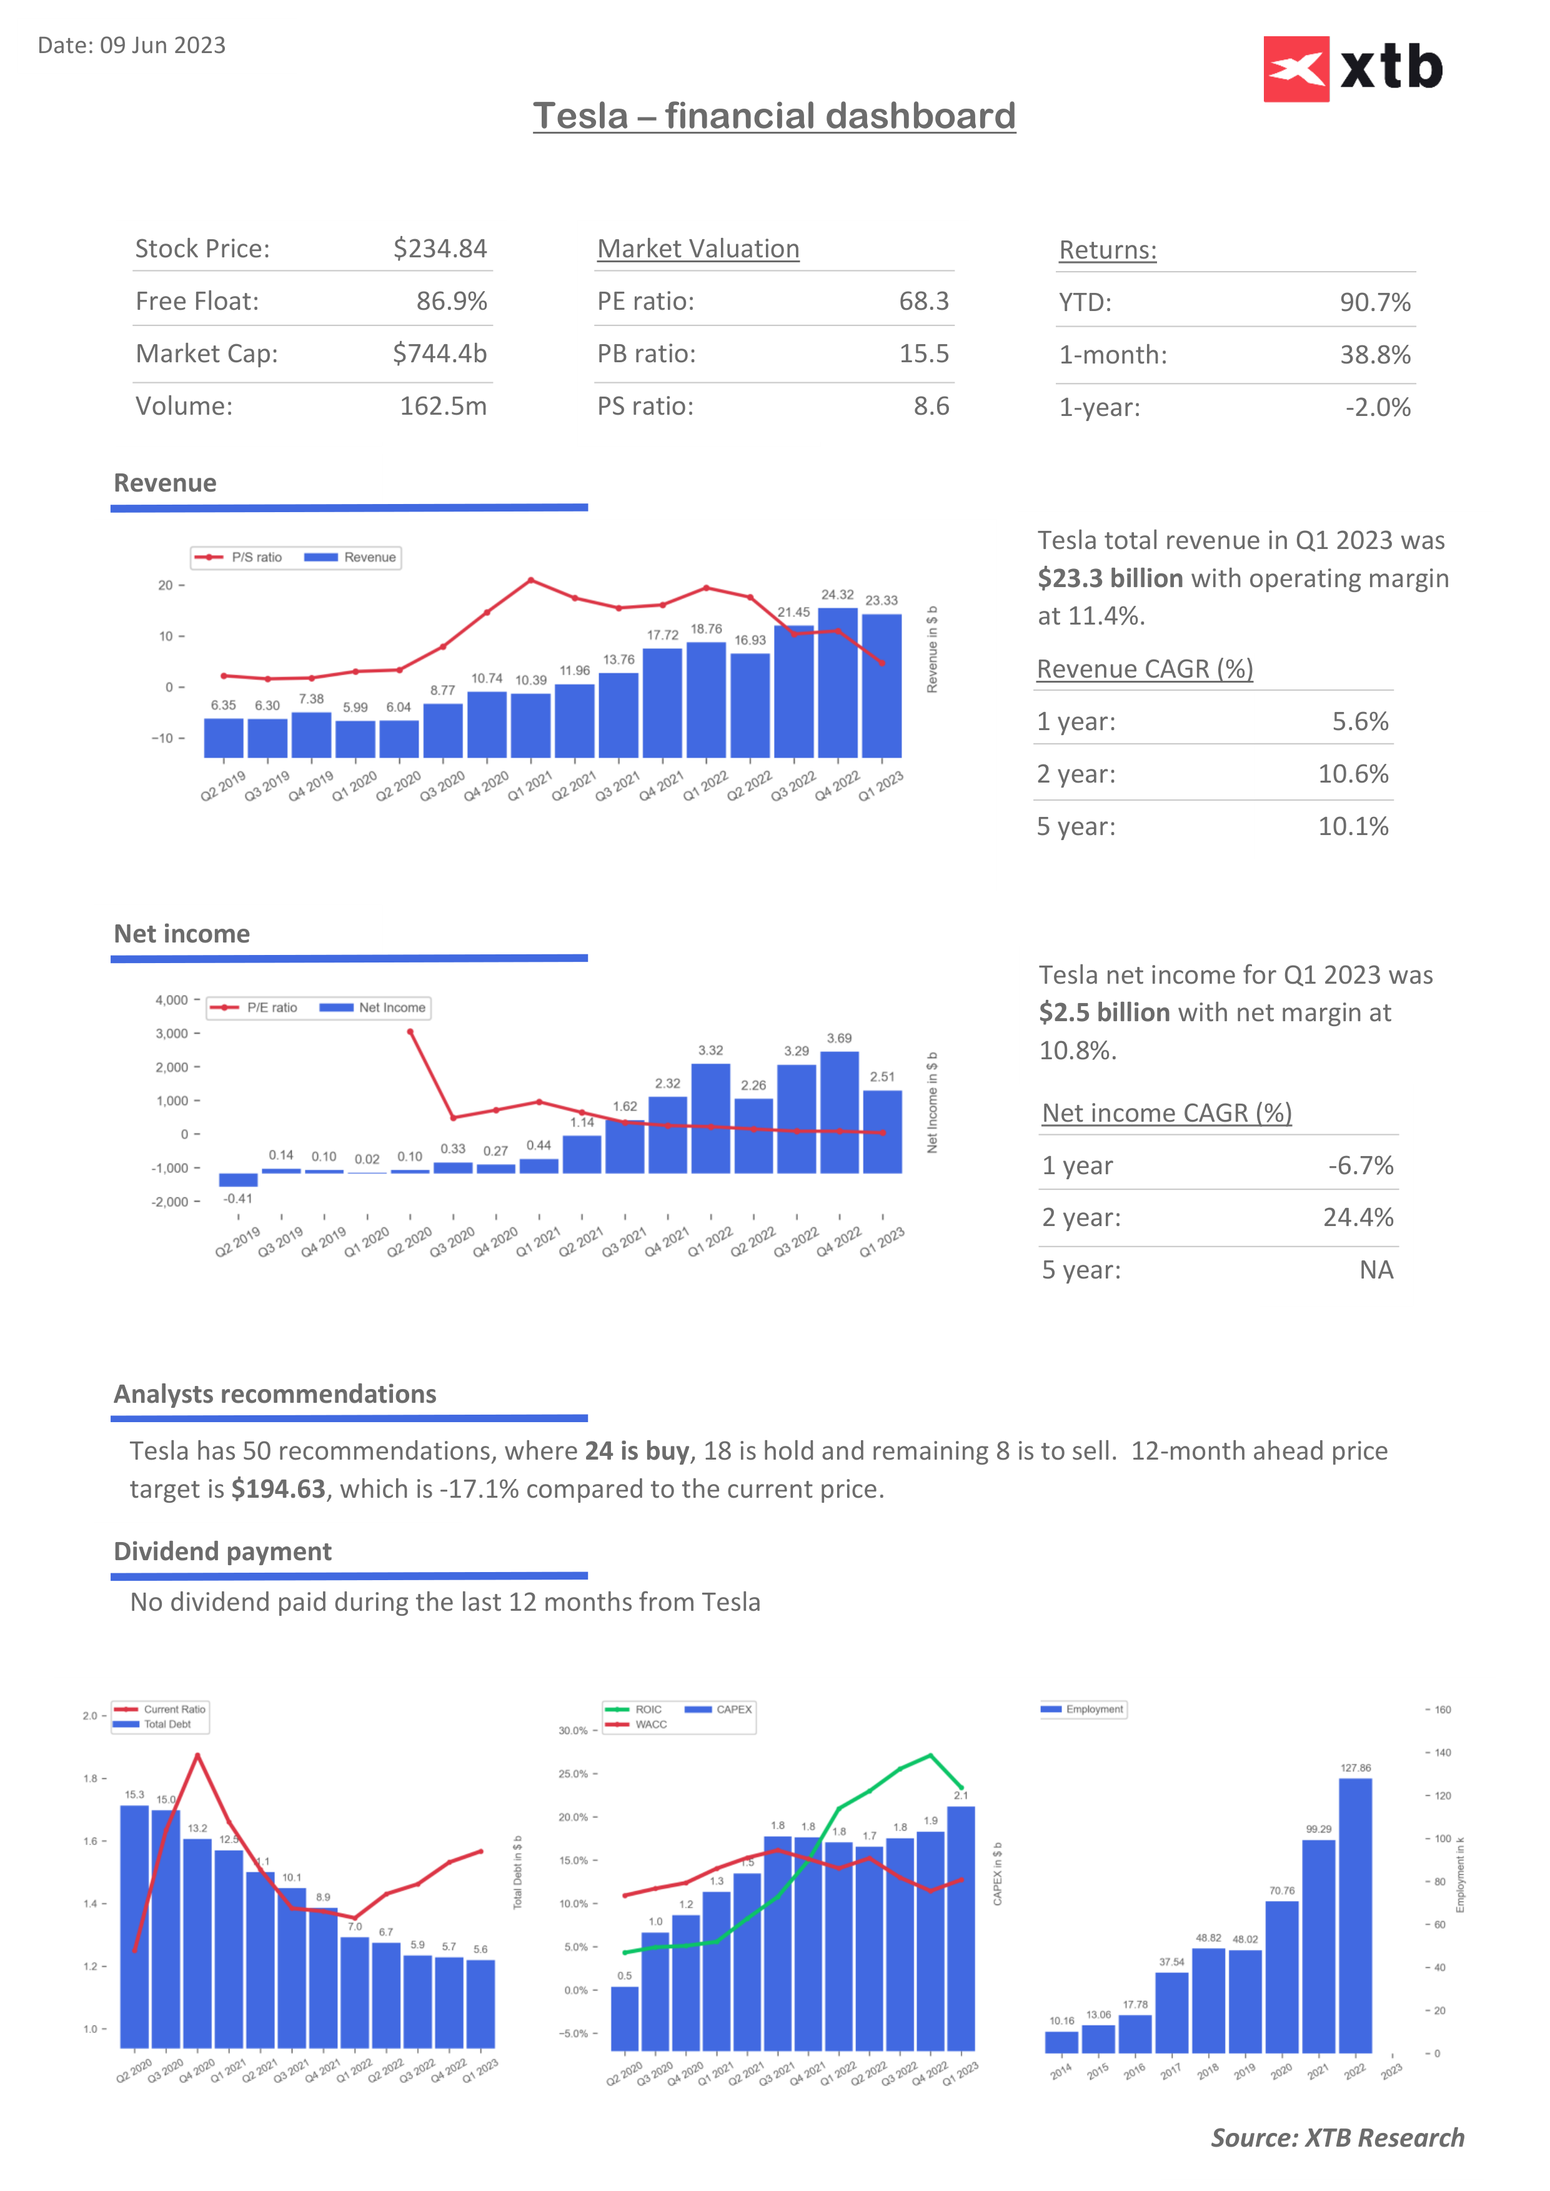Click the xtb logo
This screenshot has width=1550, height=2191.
tap(1353, 69)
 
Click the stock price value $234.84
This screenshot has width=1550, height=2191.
tap(440, 249)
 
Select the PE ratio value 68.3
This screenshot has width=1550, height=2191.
tap(923, 302)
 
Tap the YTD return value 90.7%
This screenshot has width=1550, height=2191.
tap(1374, 302)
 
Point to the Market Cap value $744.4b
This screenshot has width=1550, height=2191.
tap(439, 354)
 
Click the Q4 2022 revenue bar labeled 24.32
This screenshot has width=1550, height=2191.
tap(837, 682)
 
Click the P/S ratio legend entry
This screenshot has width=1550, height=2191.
tap(239, 557)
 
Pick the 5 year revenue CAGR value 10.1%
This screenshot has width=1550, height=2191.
tap(1353, 826)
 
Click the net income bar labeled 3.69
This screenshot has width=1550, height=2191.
tap(839, 1112)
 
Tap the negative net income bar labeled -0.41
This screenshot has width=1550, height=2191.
tap(237, 1179)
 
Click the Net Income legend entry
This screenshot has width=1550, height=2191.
tap(374, 1007)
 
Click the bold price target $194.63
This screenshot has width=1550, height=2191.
tap(278, 1490)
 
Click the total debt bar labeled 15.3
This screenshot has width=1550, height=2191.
tap(134, 1926)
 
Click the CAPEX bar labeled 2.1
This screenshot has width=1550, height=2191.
tap(960, 1927)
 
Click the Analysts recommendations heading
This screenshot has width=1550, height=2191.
tap(275, 1394)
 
